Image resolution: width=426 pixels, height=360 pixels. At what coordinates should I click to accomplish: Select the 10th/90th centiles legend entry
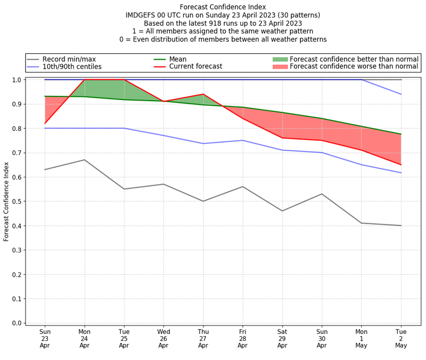(x=72, y=67)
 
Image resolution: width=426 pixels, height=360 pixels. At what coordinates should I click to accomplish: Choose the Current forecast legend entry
(x=195, y=67)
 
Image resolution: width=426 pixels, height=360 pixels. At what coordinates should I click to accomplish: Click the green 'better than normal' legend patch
(x=280, y=59)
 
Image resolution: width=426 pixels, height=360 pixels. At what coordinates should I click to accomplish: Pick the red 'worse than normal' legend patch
(x=280, y=67)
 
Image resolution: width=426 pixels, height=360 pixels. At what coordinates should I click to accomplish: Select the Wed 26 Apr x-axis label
(x=163, y=338)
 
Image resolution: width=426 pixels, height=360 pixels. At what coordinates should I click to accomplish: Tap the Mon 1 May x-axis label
(x=361, y=338)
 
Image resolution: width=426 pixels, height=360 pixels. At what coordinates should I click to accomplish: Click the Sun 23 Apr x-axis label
(x=45, y=338)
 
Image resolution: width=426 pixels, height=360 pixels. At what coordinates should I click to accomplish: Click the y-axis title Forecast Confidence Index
(x=6, y=201)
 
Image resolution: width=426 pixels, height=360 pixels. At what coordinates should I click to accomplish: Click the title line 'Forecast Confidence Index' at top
(x=223, y=7)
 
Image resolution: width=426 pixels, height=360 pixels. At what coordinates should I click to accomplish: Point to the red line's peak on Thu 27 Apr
(x=203, y=94)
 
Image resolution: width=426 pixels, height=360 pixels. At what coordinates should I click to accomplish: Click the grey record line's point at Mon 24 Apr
(x=84, y=160)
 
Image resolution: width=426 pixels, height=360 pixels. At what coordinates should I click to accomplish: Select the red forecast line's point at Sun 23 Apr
(x=45, y=124)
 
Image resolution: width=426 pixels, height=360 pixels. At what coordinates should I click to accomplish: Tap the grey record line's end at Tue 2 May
(x=401, y=226)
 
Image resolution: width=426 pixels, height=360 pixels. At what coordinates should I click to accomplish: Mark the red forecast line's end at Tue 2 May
(x=401, y=165)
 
